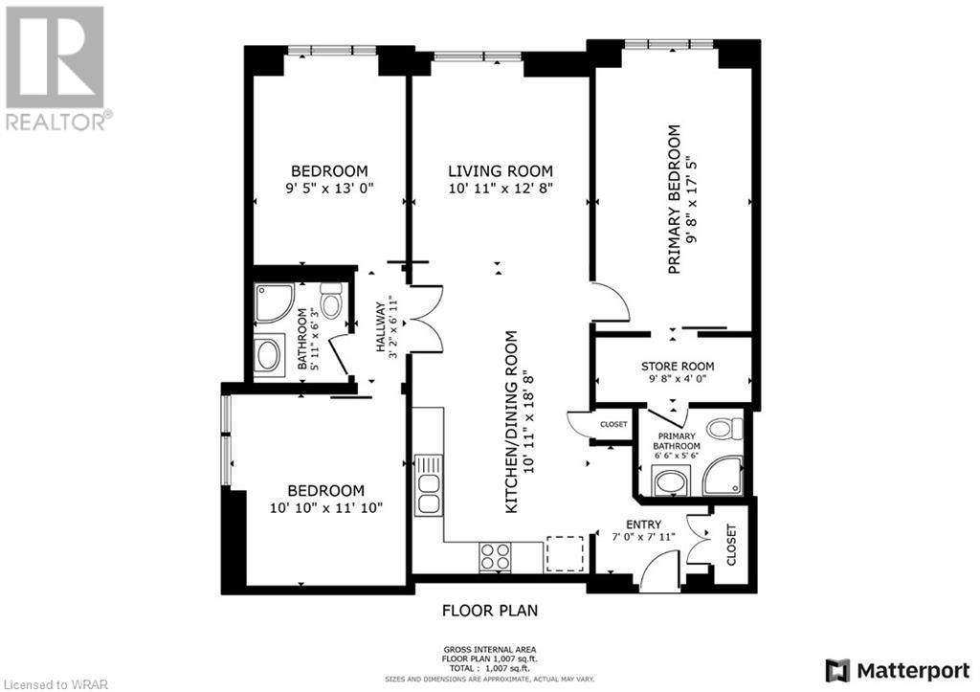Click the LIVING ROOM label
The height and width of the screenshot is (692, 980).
coord(500,170)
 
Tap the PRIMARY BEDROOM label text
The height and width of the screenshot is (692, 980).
coord(674,199)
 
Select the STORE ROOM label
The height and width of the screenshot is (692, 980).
coord(678,367)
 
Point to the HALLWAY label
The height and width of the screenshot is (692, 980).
coord(380,327)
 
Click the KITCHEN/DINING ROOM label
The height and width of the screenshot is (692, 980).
coord(511,422)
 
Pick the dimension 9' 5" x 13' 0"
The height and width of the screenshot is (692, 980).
coord(329,188)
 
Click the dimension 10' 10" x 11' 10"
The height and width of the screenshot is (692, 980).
coord(325,507)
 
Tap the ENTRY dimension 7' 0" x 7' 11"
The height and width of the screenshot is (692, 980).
coord(643,536)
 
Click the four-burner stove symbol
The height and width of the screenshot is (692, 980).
coord(495,557)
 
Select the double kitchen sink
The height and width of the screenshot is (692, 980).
coord(429,485)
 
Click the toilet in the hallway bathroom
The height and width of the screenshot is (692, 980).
coord(331,301)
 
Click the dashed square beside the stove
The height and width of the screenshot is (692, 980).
coord(565,554)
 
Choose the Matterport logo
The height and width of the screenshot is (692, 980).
coord(898,671)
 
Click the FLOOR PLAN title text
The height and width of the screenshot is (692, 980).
coord(490,610)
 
